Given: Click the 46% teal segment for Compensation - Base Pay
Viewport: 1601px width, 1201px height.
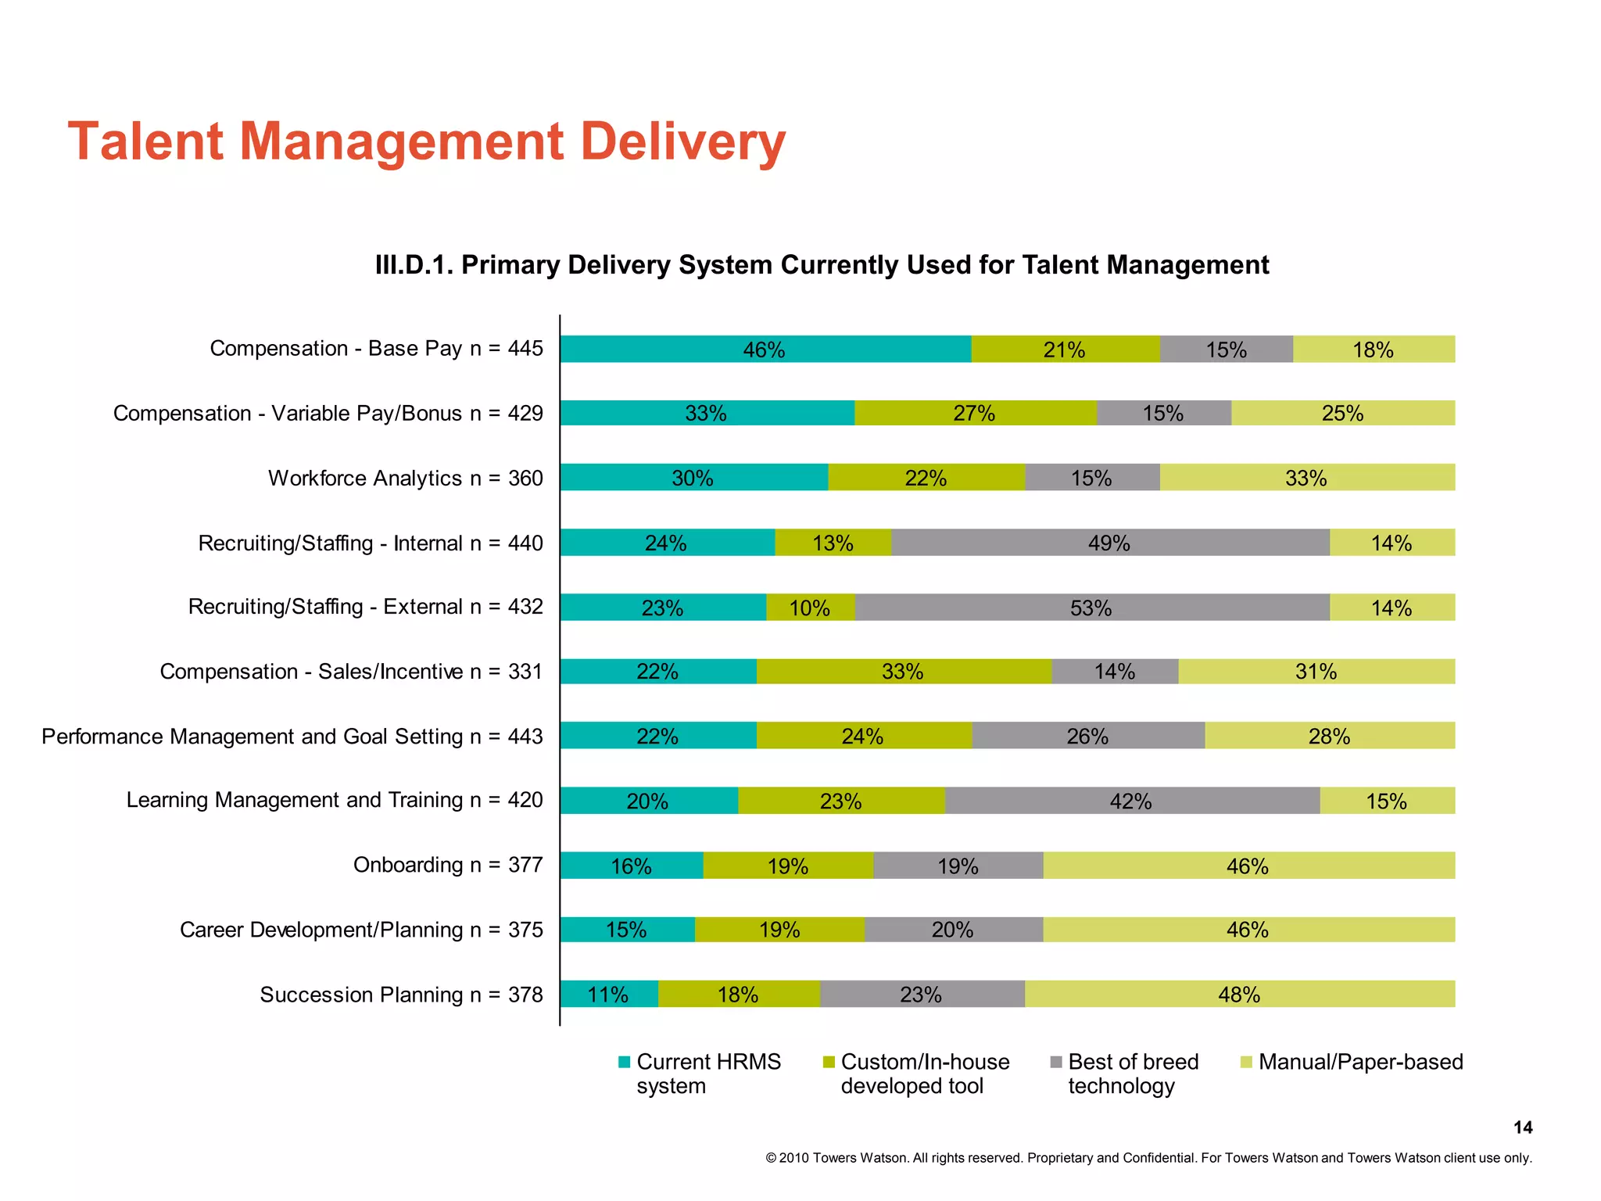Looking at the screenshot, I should pos(765,349).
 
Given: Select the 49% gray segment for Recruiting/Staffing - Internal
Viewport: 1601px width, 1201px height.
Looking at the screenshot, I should pos(1109,543).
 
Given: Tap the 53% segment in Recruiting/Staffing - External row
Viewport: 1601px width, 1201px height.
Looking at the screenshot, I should pos(1091,608).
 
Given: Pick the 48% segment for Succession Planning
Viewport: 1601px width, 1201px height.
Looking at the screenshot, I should pos(1239,994).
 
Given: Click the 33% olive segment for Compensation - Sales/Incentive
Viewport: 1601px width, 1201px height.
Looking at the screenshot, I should pos(903,672).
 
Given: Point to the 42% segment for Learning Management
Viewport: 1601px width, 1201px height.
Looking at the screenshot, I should pos(1131,801).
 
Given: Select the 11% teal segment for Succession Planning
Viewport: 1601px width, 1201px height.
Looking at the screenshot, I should pos(608,994).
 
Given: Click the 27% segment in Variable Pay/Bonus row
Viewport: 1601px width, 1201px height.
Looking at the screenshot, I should pos(974,413).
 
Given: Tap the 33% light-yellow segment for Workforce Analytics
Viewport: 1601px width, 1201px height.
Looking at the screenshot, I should pos(1306,478).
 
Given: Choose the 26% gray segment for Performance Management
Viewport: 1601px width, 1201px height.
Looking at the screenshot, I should pos(1087,736).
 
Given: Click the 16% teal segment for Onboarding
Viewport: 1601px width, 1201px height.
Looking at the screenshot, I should pos(631,866).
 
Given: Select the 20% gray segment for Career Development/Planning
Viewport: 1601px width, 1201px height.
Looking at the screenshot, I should pos(953,930).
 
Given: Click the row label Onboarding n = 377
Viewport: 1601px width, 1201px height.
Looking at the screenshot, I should pos(447,865).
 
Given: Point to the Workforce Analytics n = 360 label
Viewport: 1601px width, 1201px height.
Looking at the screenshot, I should pos(405,478).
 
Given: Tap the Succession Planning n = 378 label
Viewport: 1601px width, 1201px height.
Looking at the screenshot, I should pos(401,995).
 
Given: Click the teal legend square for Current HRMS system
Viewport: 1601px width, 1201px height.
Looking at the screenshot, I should pos(624,1062).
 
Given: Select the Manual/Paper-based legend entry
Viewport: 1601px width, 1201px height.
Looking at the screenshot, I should pos(1360,1062).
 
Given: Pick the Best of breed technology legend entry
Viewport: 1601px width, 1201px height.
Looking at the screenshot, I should pos(1132,1074).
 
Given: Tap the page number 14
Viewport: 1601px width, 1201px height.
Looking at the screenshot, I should pos(1522,1128).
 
